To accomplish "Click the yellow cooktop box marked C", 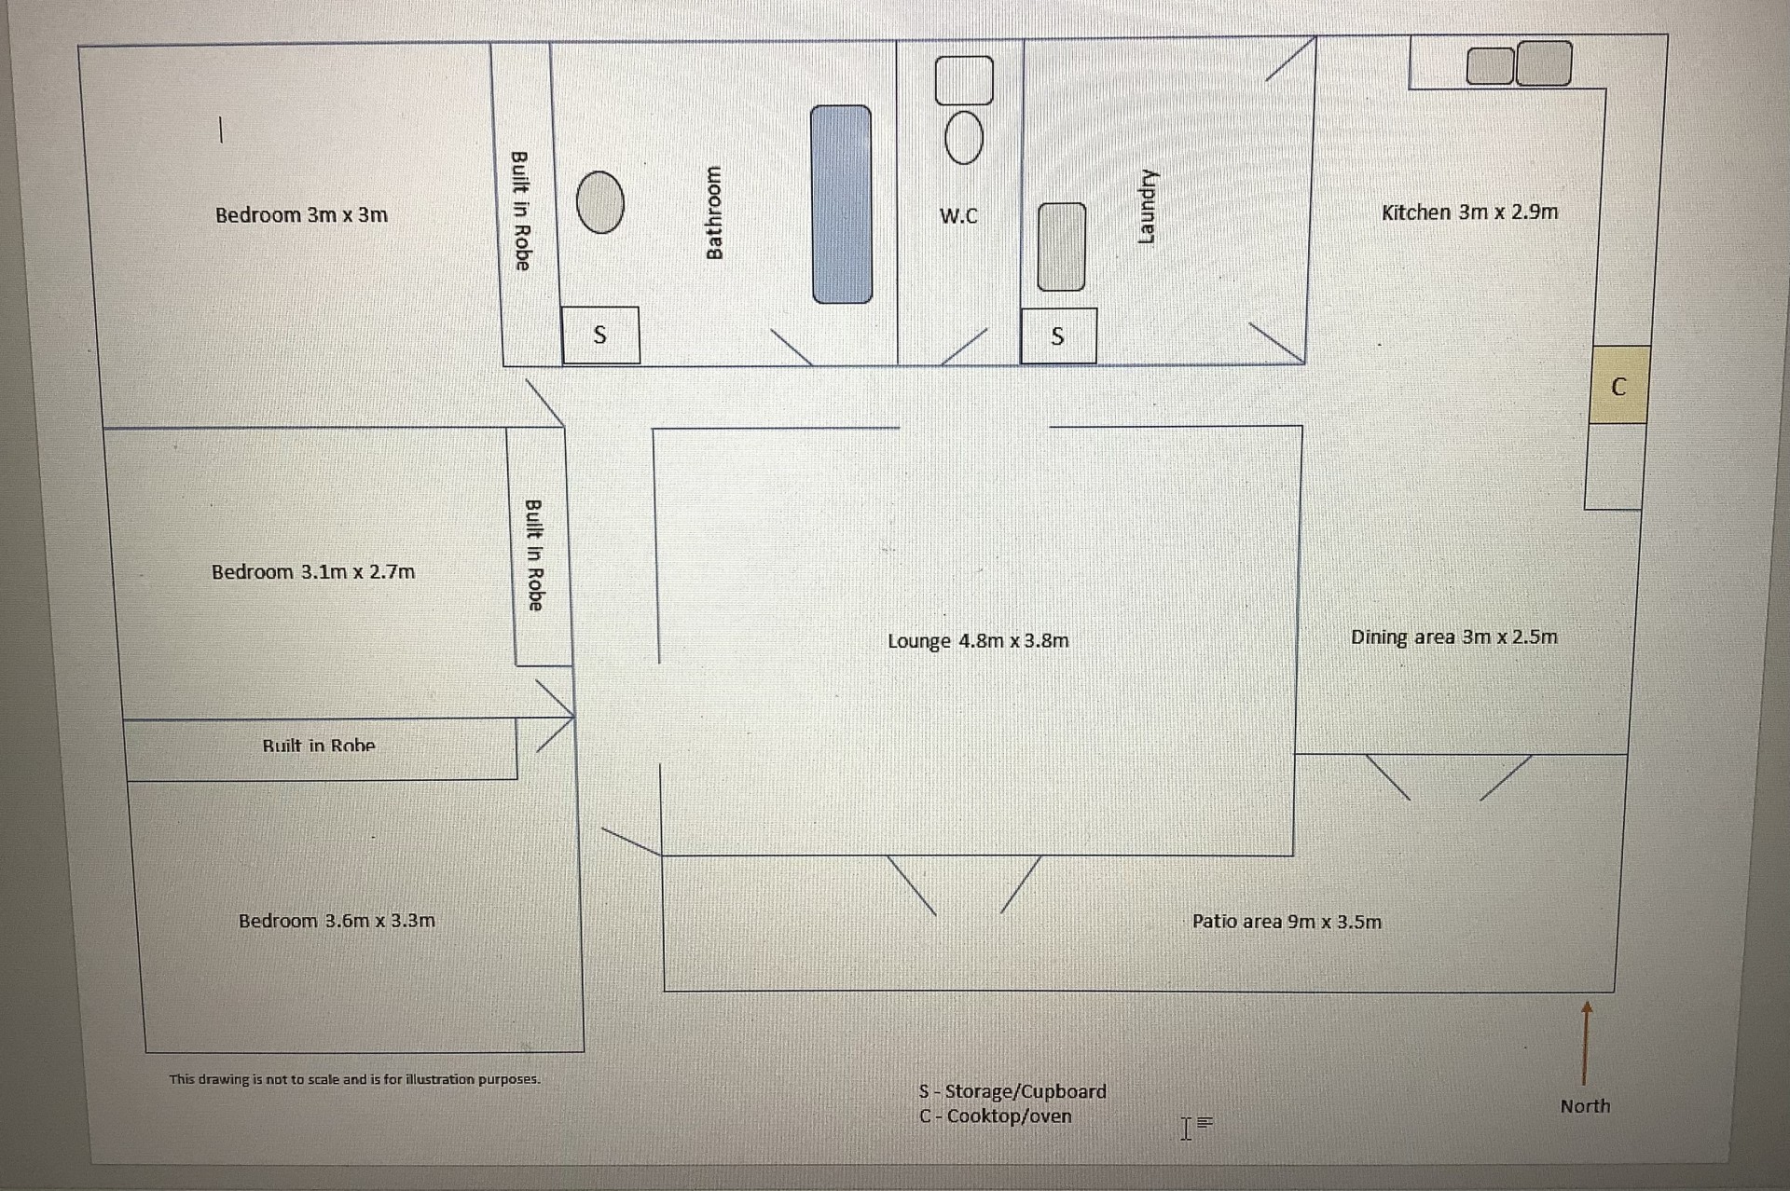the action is pos(1619,385).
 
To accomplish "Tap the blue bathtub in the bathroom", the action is pos(841,204).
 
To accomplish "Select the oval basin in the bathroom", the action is pos(599,202).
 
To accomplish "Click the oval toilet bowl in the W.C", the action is pos(963,137).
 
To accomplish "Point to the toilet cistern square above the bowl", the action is pos(964,80).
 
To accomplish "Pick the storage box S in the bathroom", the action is pos(600,335).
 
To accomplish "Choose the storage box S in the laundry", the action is pos(1058,335).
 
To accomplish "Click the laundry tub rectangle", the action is pos(1062,247).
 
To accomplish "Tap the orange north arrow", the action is pos(1586,1042).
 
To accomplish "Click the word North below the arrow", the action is pos(1585,1106).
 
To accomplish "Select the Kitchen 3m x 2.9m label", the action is pos(1469,212).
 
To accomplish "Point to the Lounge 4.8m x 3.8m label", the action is pos(978,641).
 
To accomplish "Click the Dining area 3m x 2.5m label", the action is pos(1453,637).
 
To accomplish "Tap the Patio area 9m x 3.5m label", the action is pos(1287,922).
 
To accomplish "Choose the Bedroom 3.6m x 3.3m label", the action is pos(337,921).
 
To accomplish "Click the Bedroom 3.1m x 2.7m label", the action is pos(313,572).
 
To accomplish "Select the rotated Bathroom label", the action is pos(714,212).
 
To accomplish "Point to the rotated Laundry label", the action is pos(1147,207).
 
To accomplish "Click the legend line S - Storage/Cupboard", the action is pos(1012,1091).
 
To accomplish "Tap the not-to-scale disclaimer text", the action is pos(354,1079).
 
